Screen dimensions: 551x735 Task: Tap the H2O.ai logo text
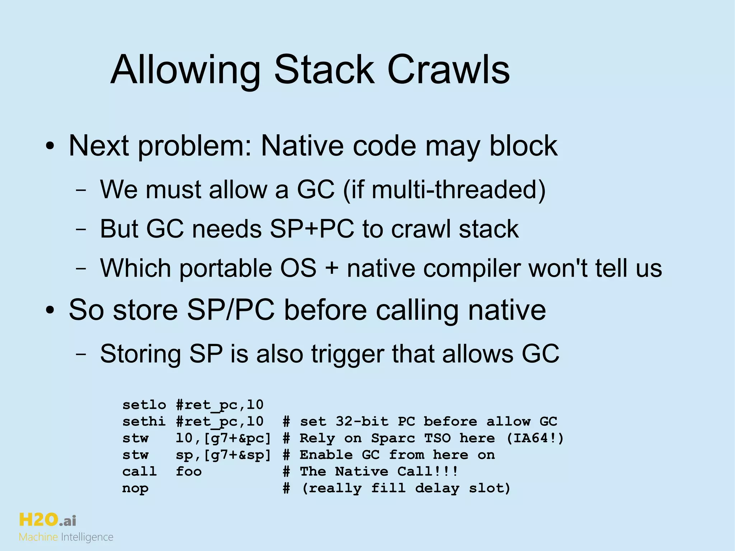pos(47,520)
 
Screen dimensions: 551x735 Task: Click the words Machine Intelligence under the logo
pos(66,537)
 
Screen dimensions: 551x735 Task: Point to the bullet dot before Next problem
pos(50,147)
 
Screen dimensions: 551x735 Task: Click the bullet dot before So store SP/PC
pos(50,310)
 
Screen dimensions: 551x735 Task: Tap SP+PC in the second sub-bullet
pos(312,229)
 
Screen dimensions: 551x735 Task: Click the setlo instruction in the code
pos(144,405)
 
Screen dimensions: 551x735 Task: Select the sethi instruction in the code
pos(144,421)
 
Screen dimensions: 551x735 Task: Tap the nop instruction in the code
pos(135,488)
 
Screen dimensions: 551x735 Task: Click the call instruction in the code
pos(140,471)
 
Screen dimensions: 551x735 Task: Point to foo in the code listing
pos(189,471)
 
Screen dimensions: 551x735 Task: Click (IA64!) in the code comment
pos(535,438)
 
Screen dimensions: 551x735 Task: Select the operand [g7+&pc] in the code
pos(237,438)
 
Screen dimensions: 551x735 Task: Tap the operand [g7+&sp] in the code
pos(237,455)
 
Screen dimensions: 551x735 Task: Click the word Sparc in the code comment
pos(393,438)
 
